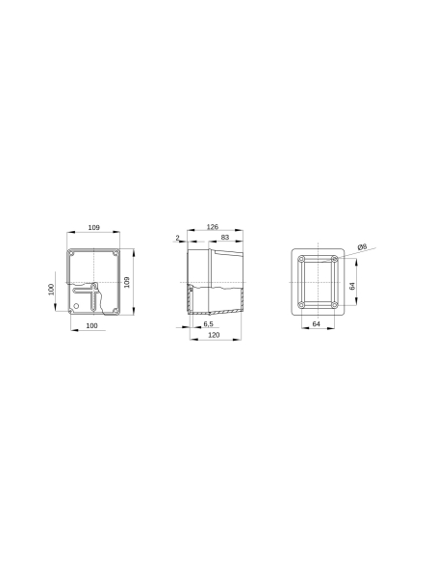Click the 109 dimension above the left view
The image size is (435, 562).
coord(93,227)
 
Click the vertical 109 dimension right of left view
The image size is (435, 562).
coord(128,281)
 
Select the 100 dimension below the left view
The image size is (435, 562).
coord(91,326)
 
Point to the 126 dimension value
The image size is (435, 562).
coord(212,227)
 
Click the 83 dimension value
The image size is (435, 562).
coord(224,237)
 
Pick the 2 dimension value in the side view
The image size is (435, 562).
coord(178,237)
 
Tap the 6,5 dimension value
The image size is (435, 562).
coord(208,324)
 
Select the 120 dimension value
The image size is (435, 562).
coord(213,335)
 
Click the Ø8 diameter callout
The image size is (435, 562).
coord(361,247)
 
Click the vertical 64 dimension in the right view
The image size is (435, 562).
coord(352,286)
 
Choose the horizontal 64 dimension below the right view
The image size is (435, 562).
coord(317,324)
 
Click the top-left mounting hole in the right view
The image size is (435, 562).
coord(302,260)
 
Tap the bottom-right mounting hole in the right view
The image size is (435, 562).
coord(333,305)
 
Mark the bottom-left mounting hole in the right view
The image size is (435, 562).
coord(302,305)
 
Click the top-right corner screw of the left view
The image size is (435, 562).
coord(115,254)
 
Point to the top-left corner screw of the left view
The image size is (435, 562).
coord(71,254)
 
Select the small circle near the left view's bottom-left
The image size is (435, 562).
coord(78,306)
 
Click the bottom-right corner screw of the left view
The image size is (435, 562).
coord(115,309)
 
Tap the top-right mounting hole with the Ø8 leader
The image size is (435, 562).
coord(333,260)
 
